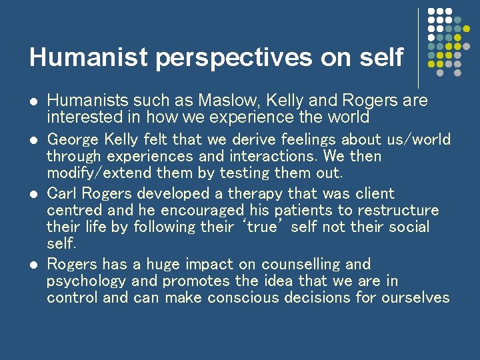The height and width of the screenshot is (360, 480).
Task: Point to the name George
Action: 73,140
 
